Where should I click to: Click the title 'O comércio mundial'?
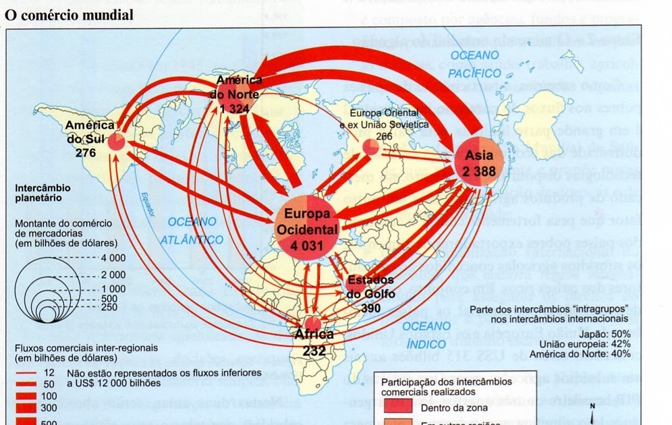coord(69,14)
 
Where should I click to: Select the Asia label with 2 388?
coord(480,163)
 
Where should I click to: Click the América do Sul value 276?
coord(87,153)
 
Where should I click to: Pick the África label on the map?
coord(314,335)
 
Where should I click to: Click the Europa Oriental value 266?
coord(365,136)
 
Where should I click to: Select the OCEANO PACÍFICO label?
coord(475,63)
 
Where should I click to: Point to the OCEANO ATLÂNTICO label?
coord(192,230)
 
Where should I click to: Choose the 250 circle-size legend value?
coord(109,308)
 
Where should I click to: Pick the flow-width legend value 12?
coord(48,372)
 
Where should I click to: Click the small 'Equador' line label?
coord(144,202)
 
